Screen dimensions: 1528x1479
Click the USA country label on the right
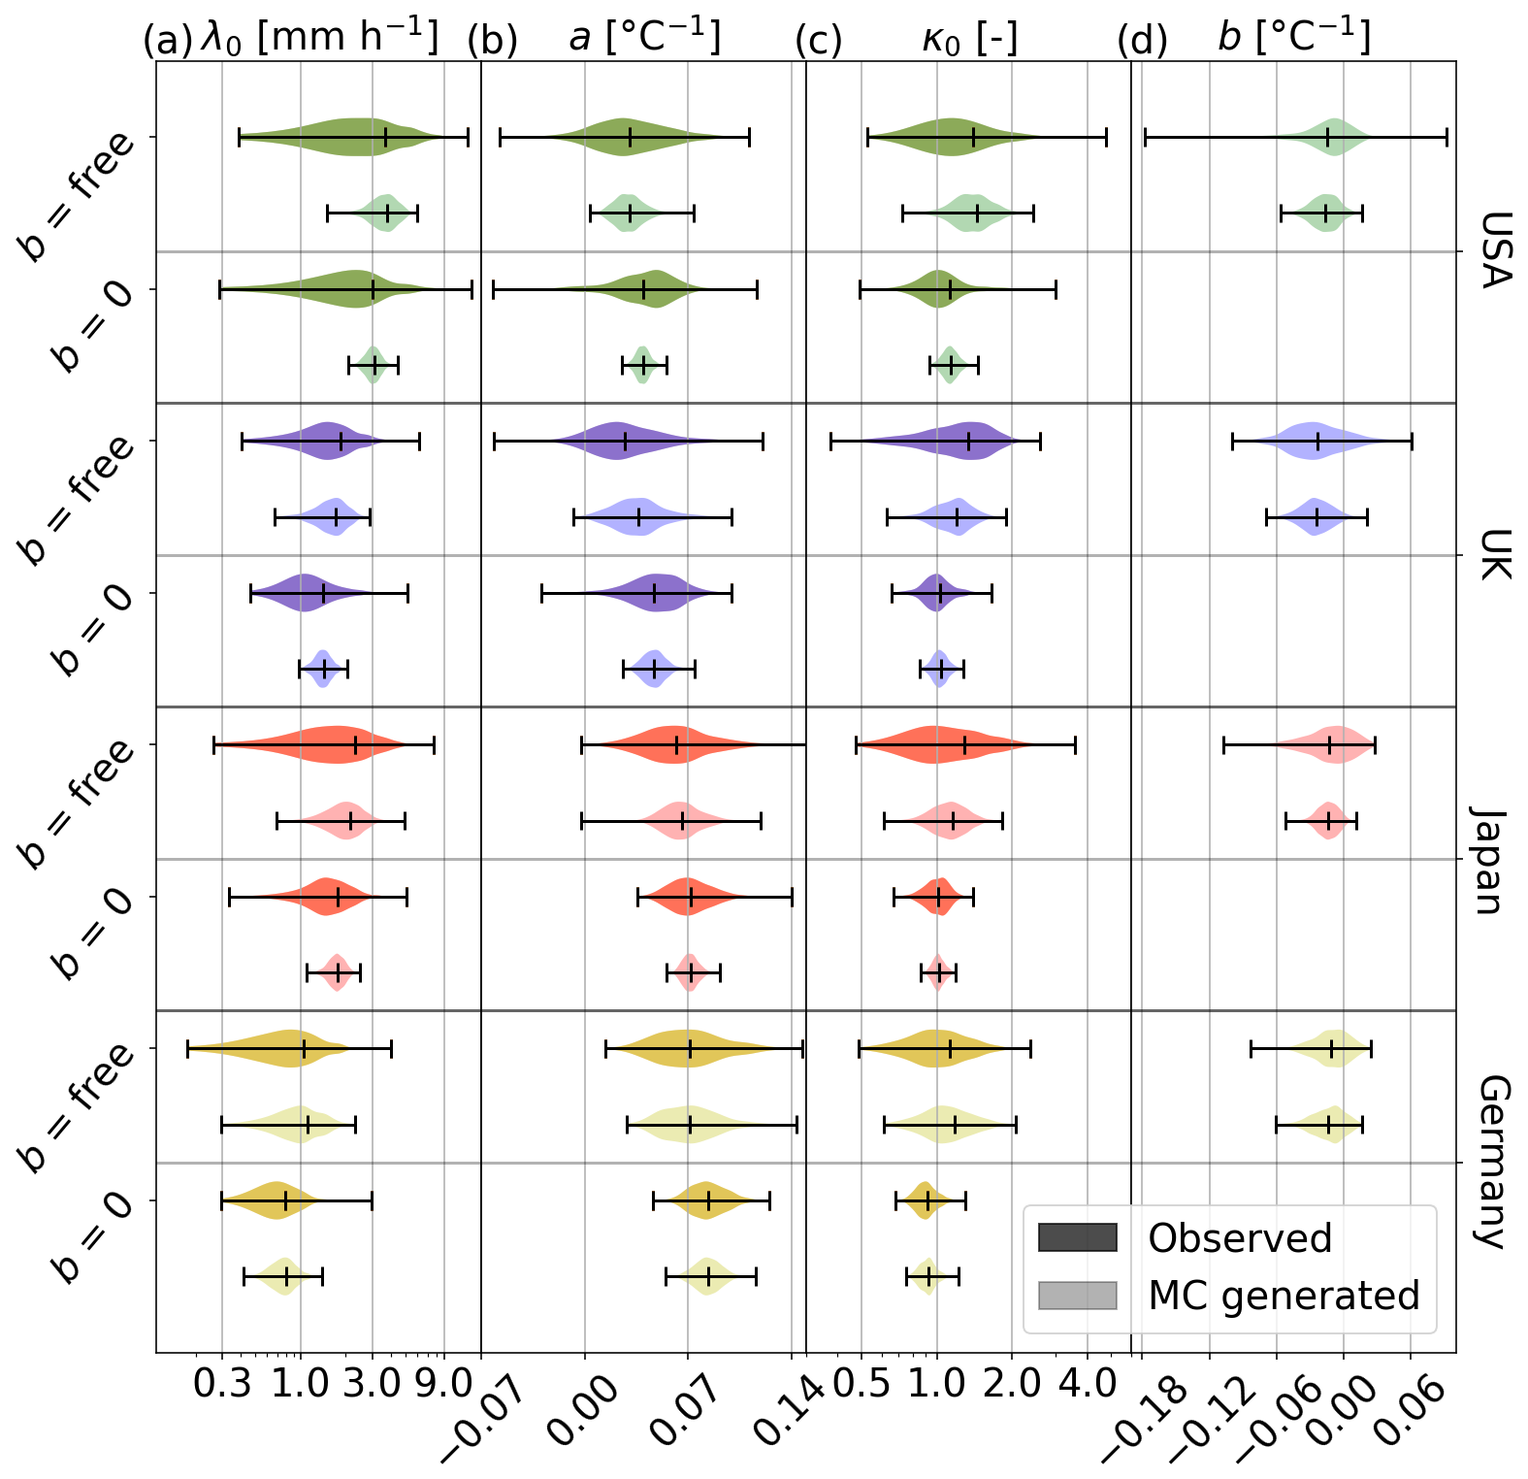coord(1494,250)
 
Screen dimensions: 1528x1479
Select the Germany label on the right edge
coord(1494,1162)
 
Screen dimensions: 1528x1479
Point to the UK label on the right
coord(1494,554)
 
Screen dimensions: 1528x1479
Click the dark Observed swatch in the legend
coord(1077,1237)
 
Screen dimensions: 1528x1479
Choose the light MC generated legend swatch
coord(1077,1295)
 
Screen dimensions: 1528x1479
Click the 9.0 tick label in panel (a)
coord(444,1384)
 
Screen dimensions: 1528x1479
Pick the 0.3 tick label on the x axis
coord(222,1384)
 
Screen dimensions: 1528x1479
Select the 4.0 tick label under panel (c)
coord(1088,1384)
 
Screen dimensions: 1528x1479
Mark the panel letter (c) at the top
coord(819,41)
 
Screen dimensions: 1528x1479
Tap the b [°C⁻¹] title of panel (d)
coord(1294,38)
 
